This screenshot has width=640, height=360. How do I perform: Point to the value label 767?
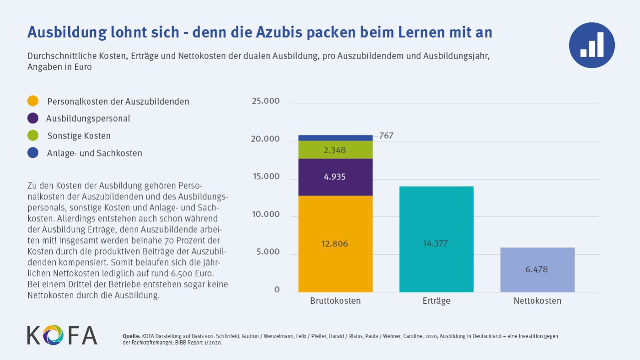tap(386, 136)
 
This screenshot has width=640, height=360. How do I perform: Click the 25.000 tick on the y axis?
tap(265, 101)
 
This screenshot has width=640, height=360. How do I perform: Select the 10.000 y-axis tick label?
tap(265, 215)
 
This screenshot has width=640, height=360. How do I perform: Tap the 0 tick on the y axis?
tap(277, 290)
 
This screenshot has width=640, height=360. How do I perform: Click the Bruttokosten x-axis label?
tap(335, 301)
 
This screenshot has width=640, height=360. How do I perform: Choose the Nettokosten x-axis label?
tap(537, 301)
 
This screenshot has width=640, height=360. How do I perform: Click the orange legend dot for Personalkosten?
tap(33, 101)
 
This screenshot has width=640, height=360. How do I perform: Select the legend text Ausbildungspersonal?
tap(88, 118)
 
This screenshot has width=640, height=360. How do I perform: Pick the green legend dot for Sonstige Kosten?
tap(33, 136)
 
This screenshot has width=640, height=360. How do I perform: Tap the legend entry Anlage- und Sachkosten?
tap(94, 153)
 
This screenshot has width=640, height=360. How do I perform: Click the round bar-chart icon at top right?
tap(592, 45)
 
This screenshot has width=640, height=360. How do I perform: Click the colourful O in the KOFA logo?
tap(54, 335)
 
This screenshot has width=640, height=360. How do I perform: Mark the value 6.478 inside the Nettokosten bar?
tap(536, 269)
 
